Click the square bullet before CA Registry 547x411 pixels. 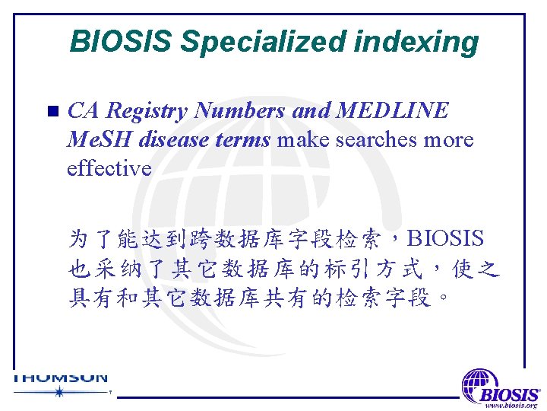(x=52, y=113)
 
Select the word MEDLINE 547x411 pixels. (x=393, y=111)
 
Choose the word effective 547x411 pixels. (x=109, y=168)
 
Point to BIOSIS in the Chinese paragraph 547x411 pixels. (x=446, y=239)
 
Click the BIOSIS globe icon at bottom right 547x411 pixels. (x=479, y=384)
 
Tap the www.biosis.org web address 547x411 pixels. (x=512, y=405)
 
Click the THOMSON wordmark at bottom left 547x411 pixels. (x=61, y=377)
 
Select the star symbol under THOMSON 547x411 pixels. (x=59, y=392)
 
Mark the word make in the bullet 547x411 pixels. (x=302, y=140)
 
